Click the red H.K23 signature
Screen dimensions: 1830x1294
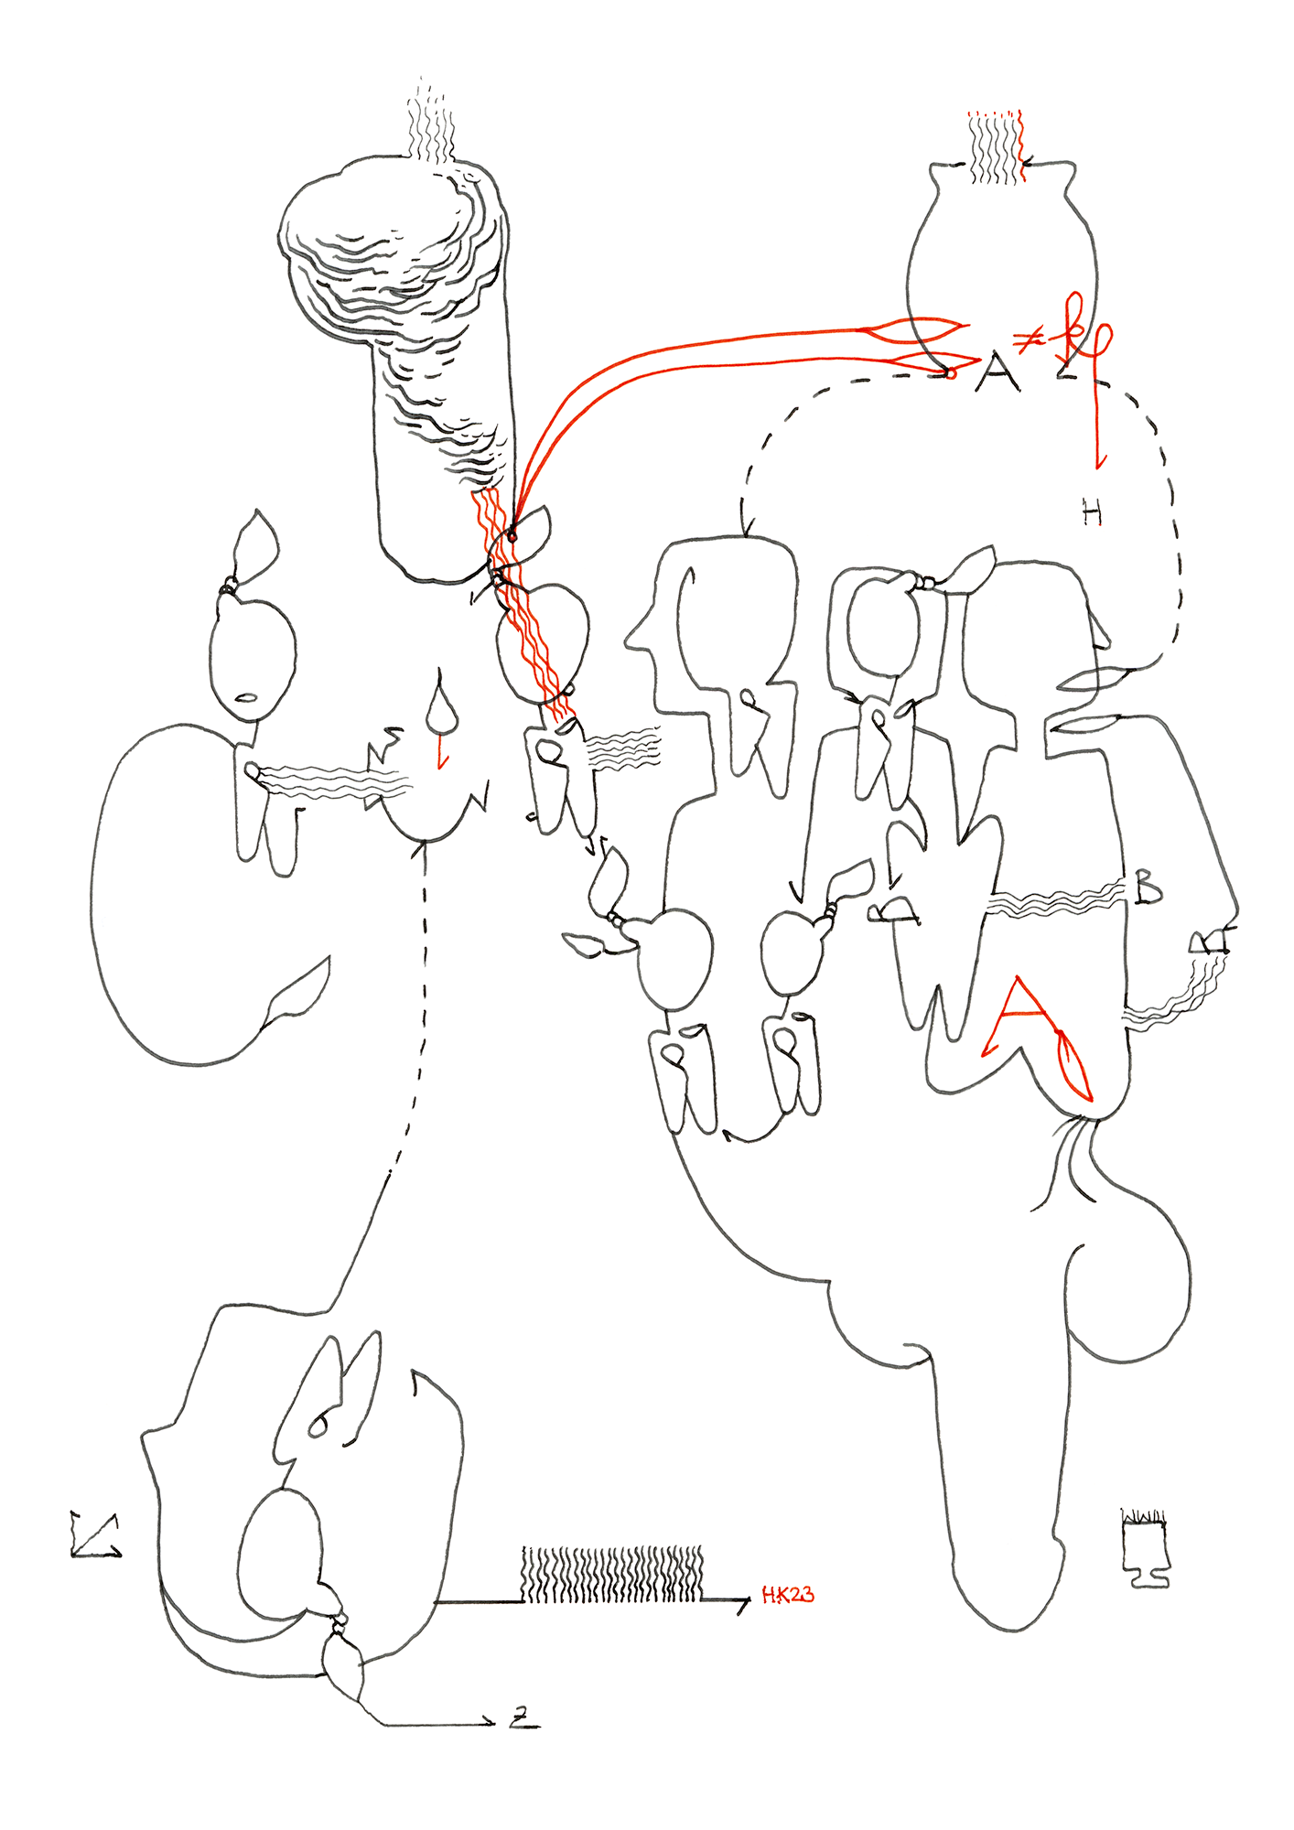(x=787, y=1596)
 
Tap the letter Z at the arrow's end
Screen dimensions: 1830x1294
(x=523, y=1720)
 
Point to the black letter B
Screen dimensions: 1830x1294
(x=1148, y=888)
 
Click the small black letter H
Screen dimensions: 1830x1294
(x=1092, y=514)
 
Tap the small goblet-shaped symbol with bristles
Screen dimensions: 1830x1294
(x=1146, y=1548)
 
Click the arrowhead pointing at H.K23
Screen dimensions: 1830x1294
(x=743, y=1601)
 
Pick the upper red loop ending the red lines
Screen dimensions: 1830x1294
(x=920, y=329)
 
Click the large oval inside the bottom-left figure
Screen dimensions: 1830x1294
(x=279, y=1554)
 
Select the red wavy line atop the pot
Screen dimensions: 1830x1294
(x=1020, y=146)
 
